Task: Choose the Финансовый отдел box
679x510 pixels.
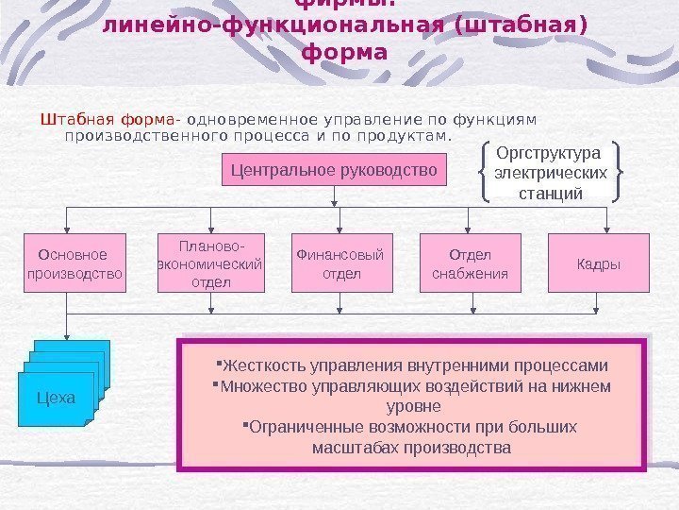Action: tap(341, 263)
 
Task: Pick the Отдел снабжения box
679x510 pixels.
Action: tap(470, 263)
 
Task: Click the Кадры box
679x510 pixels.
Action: tap(599, 263)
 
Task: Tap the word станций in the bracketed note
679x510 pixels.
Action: tap(551, 193)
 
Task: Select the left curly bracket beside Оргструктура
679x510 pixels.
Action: tap(485, 172)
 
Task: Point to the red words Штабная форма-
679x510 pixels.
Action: tap(110, 120)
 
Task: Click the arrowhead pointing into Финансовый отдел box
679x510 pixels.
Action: tap(341, 229)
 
